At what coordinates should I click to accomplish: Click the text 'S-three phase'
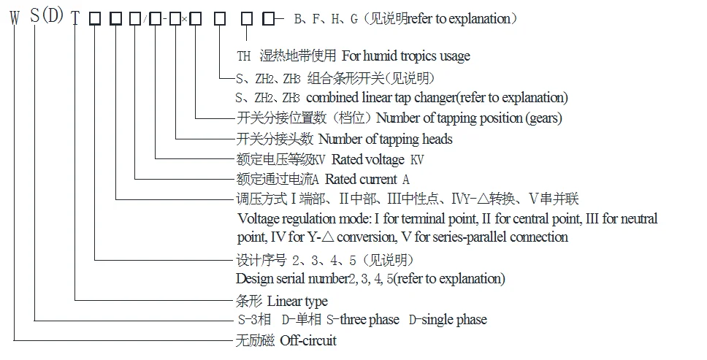[x=365, y=320]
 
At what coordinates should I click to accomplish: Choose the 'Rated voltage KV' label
[x=379, y=158]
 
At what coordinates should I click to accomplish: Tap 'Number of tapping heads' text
[x=386, y=139]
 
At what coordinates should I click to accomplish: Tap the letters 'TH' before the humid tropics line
[x=244, y=56]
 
